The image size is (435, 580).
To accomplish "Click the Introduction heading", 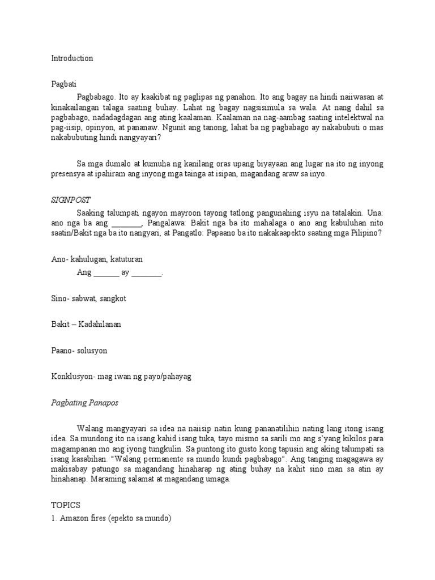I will (72, 58).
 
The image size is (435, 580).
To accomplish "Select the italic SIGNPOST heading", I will (71, 200).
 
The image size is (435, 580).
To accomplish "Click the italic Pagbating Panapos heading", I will (86, 403).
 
